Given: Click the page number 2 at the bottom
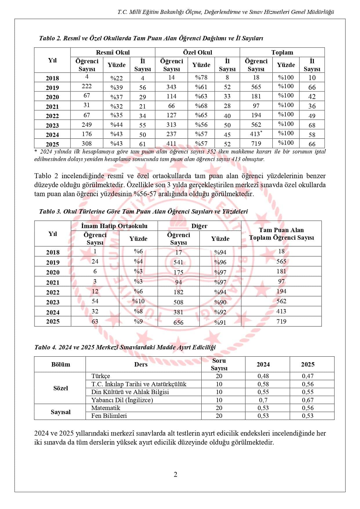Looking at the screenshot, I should click(x=175, y=474).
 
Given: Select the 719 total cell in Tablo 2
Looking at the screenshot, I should click(x=256, y=143).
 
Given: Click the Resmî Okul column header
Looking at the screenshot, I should click(x=113, y=52).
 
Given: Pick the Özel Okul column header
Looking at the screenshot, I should click(x=197, y=52).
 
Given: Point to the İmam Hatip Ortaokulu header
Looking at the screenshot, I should click(x=114, y=226).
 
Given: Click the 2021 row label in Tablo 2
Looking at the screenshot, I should click(x=52, y=106).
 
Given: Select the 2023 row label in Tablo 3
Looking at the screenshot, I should click(x=53, y=302).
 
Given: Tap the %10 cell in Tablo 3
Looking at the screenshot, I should click(x=138, y=301).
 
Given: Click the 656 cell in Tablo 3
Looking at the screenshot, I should click(x=178, y=322).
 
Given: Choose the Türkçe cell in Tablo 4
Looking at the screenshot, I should click(x=101, y=376).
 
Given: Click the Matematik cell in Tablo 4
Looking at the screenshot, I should click(x=106, y=408).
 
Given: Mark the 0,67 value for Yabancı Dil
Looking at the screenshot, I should click(x=307, y=400).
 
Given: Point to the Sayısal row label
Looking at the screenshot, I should click(x=60, y=412).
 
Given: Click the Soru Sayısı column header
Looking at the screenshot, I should click(x=219, y=364).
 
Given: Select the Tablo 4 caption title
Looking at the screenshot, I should click(x=125, y=347).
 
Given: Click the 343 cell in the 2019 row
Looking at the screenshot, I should click(x=171, y=87).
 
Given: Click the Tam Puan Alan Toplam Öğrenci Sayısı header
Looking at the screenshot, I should click(x=281, y=234).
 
